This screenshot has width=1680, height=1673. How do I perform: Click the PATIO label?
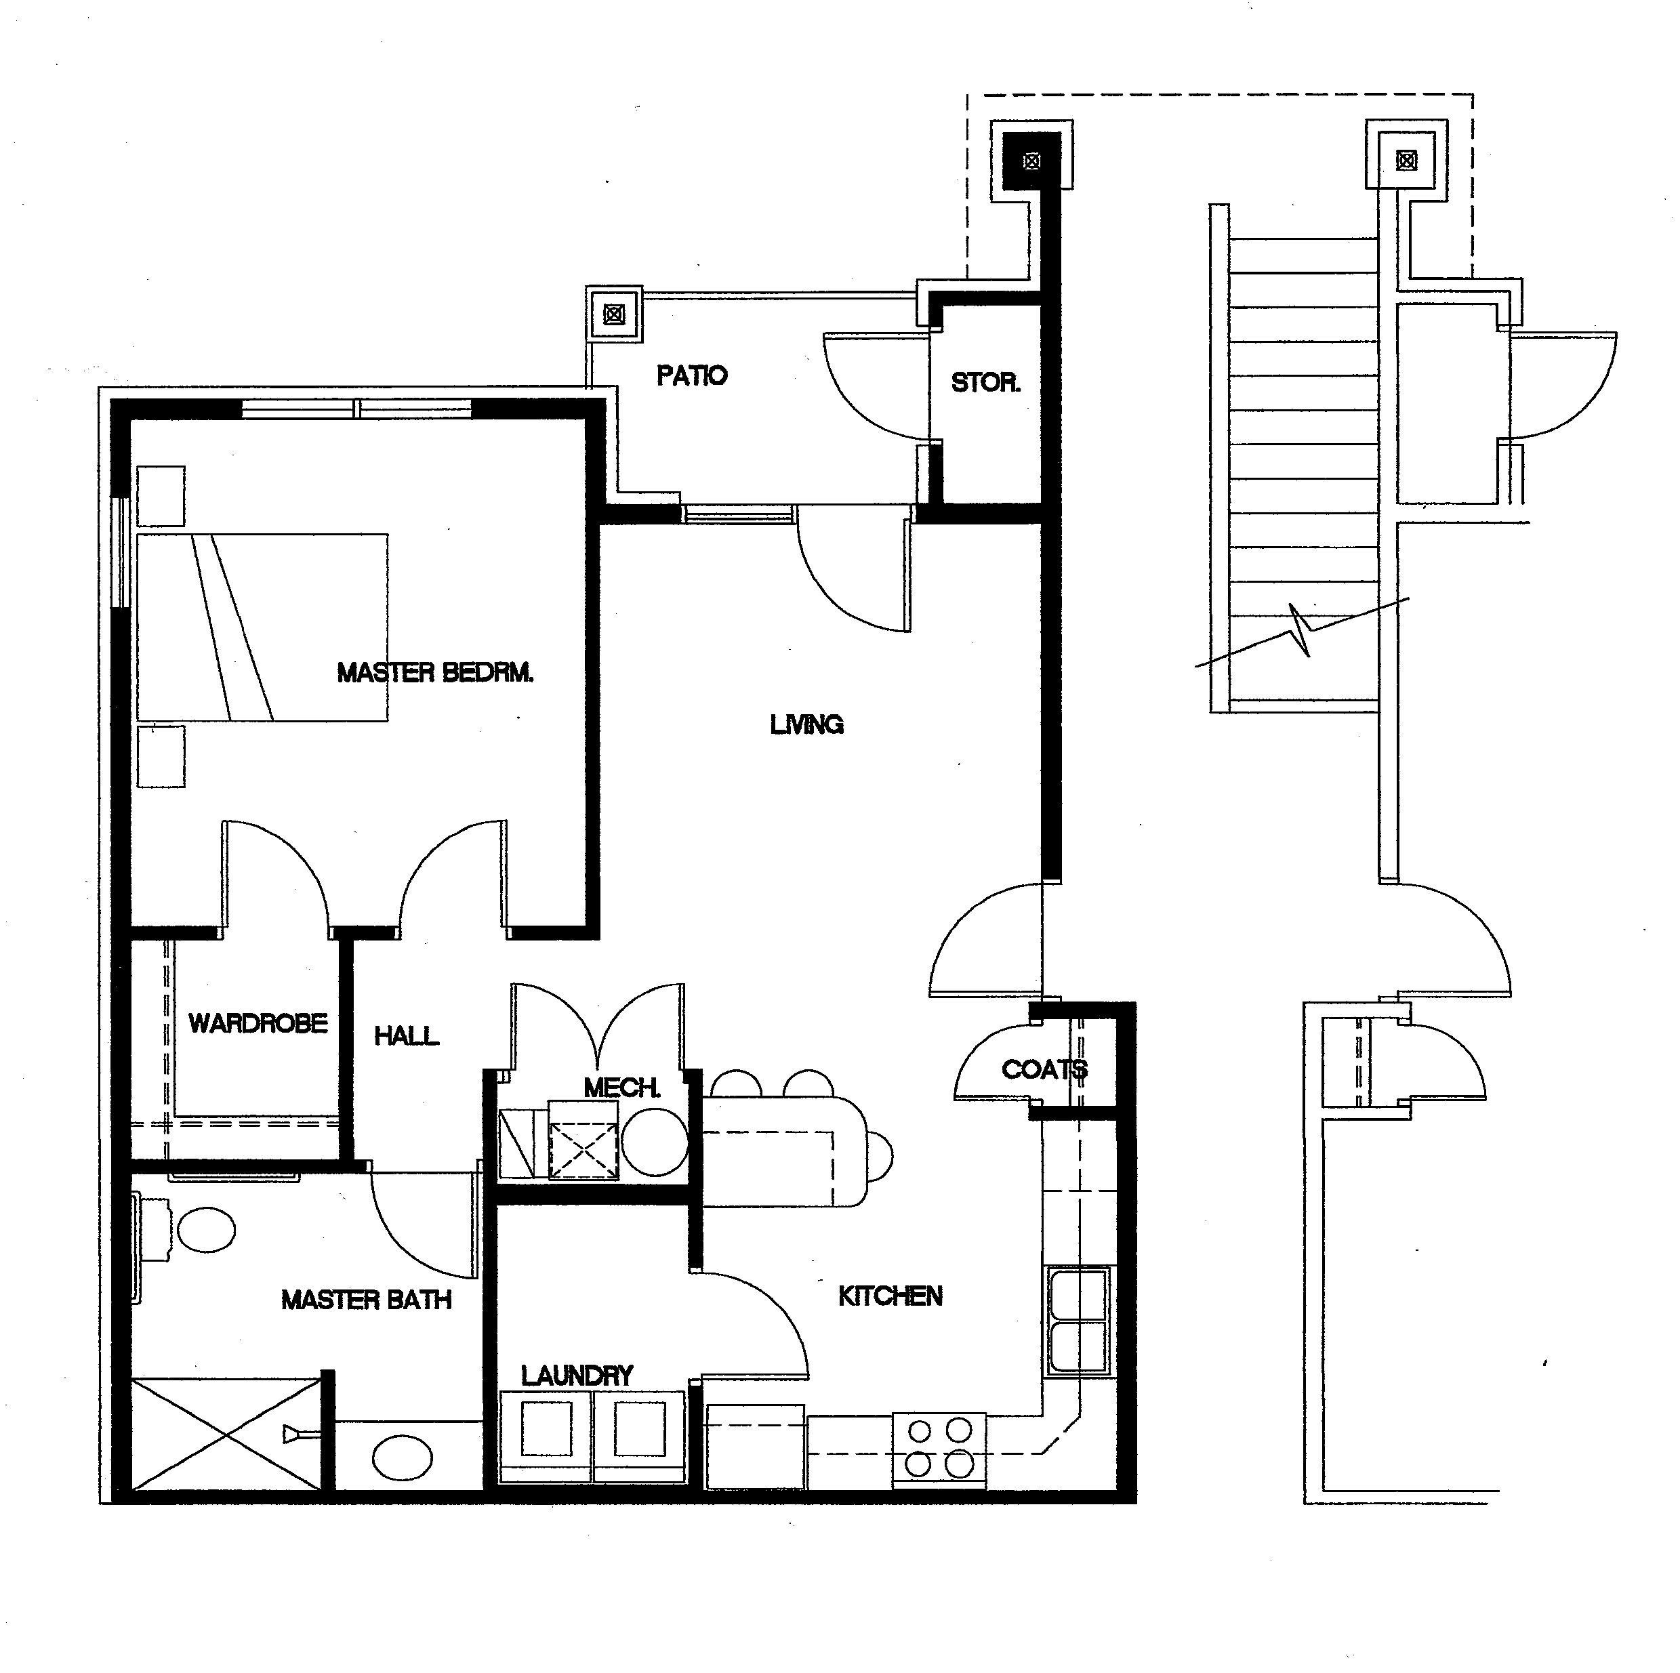(x=691, y=375)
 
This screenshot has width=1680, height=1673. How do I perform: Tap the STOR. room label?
(x=985, y=383)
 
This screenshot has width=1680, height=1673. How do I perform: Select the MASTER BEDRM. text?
(x=435, y=672)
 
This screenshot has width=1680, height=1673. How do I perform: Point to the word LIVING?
(x=806, y=724)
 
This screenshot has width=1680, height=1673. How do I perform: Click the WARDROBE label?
(x=258, y=1023)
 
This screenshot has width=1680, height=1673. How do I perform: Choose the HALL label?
(x=406, y=1035)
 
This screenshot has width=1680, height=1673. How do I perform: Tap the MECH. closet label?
(x=621, y=1087)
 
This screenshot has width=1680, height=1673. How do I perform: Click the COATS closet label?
(x=1044, y=1069)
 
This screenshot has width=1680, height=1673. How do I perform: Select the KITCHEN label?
(x=890, y=1296)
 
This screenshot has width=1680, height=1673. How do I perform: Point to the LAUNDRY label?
(x=577, y=1376)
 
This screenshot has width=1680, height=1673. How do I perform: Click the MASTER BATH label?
(x=366, y=1300)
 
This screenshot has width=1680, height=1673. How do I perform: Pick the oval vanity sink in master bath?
(x=402, y=1458)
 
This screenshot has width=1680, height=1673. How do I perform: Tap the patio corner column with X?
(x=614, y=314)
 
